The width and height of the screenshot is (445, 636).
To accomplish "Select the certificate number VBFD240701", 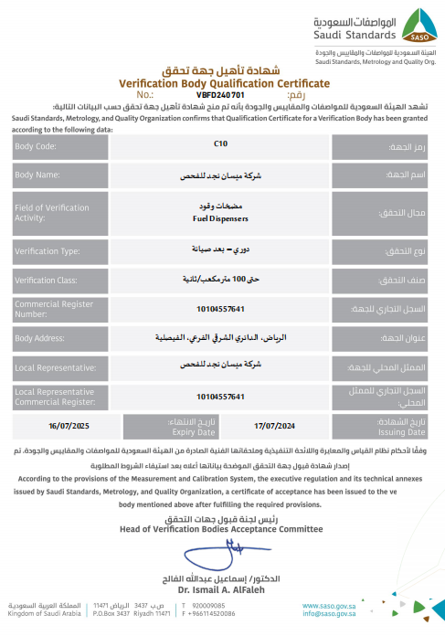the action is point(220,94).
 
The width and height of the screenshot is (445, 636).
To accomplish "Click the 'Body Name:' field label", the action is point(37,175).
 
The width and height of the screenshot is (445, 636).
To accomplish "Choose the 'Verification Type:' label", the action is point(48,250).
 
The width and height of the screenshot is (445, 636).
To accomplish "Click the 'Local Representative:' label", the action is point(56,367).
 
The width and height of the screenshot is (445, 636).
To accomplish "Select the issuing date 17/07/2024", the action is point(275,425).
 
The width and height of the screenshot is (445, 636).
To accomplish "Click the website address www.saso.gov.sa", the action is point(329,606).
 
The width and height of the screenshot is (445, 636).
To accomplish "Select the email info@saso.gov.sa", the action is point(329,614).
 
